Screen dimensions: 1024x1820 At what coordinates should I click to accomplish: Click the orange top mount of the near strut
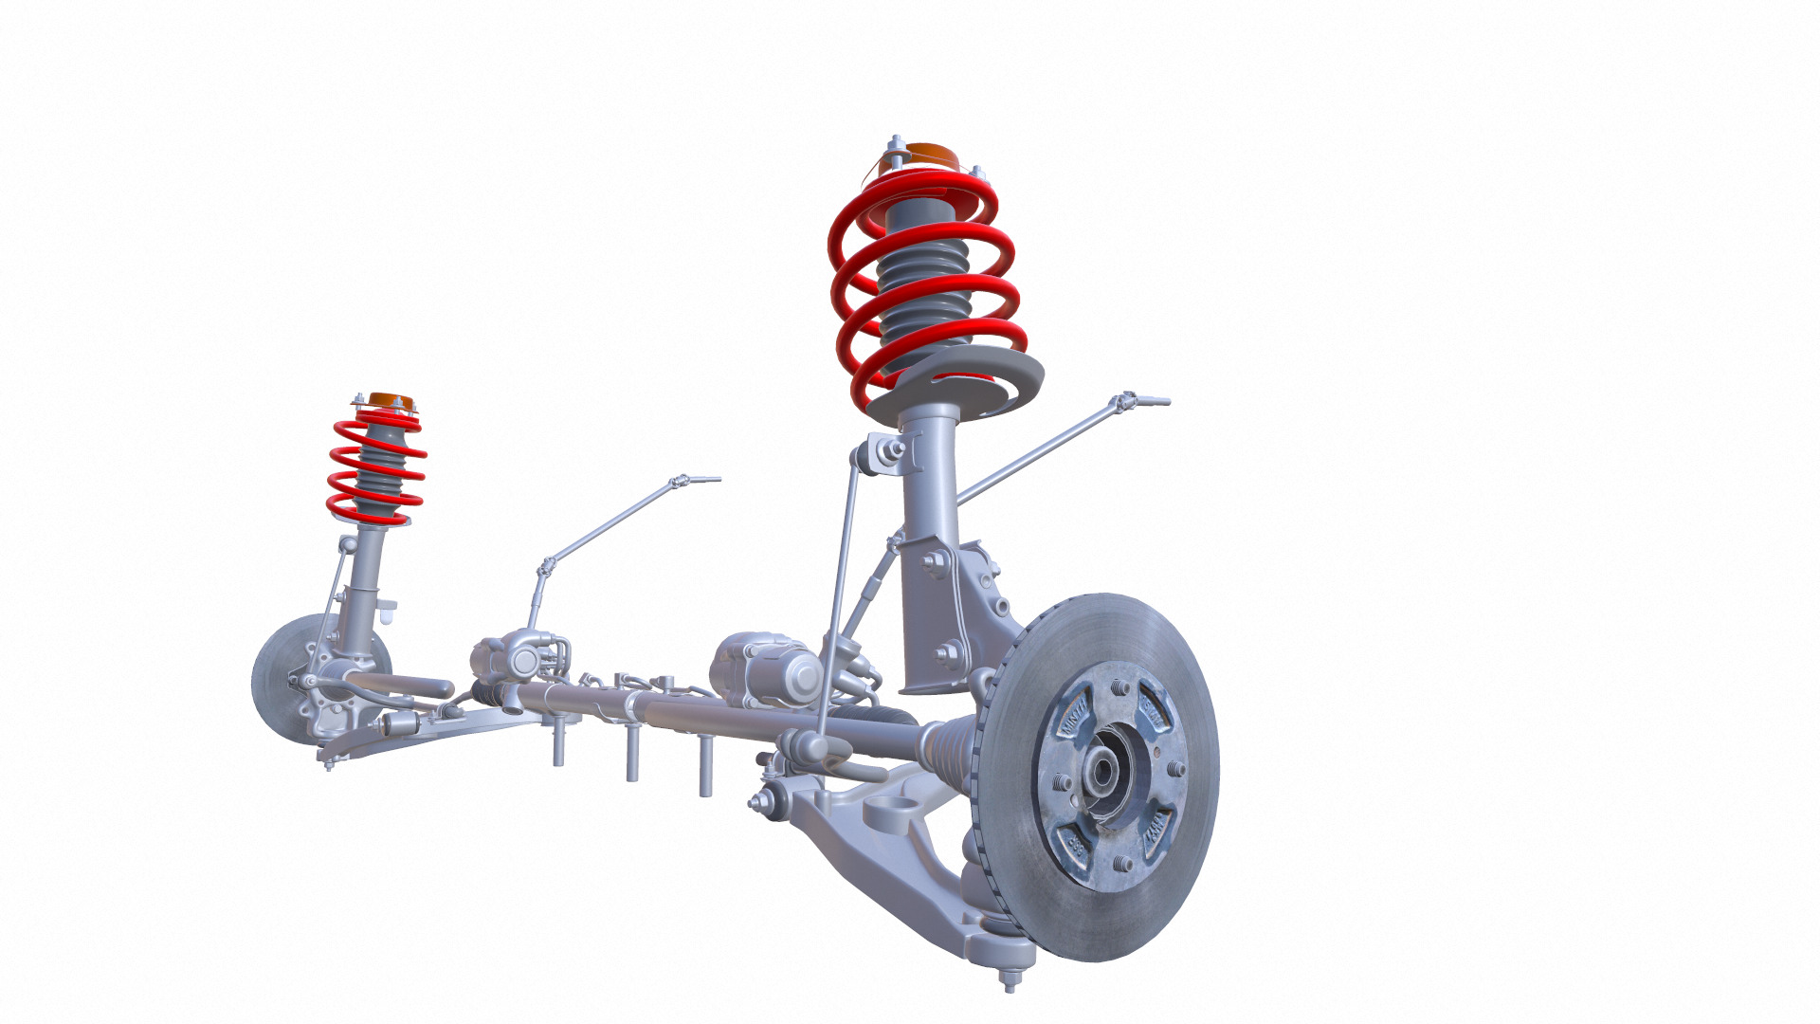tap(924, 155)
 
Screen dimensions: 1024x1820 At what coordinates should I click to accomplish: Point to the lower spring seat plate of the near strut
tap(957, 384)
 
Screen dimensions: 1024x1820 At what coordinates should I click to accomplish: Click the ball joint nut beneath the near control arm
tap(1010, 982)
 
